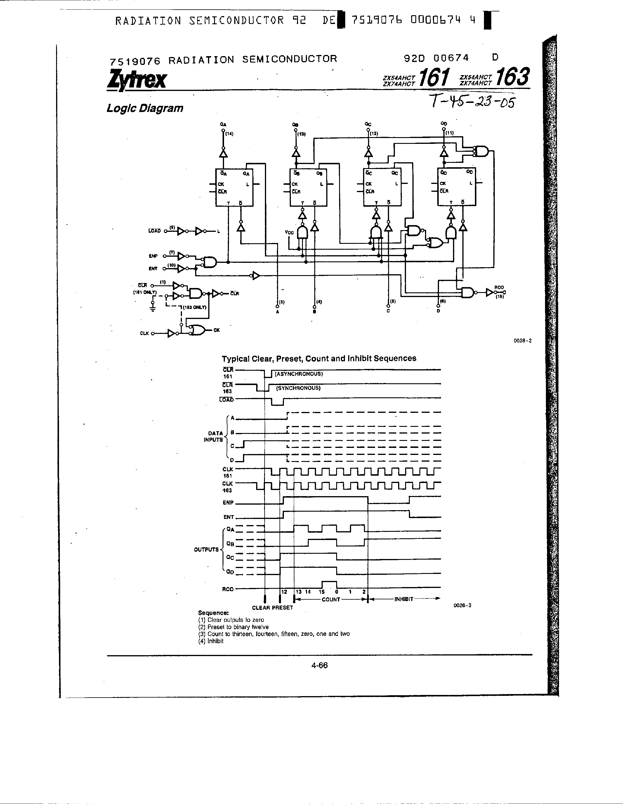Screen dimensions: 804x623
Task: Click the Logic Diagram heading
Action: coord(145,108)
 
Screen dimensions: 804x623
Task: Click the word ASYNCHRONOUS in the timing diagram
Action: coord(299,374)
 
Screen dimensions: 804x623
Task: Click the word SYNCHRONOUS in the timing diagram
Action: coord(298,388)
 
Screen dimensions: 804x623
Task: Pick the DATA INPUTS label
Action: coord(214,436)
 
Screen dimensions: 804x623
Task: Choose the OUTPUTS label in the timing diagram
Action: coord(206,550)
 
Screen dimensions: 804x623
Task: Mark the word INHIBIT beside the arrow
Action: coord(404,599)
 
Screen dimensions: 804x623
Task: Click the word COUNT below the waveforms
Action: coord(331,599)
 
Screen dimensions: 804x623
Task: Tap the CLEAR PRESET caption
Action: coord(272,608)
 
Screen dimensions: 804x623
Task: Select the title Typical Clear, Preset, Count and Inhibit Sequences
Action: coord(319,358)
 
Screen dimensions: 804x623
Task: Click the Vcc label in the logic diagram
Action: coord(289,232)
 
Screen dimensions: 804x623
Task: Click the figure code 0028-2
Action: coord(522,341)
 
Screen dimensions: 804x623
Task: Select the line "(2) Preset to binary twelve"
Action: coord(233,627)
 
